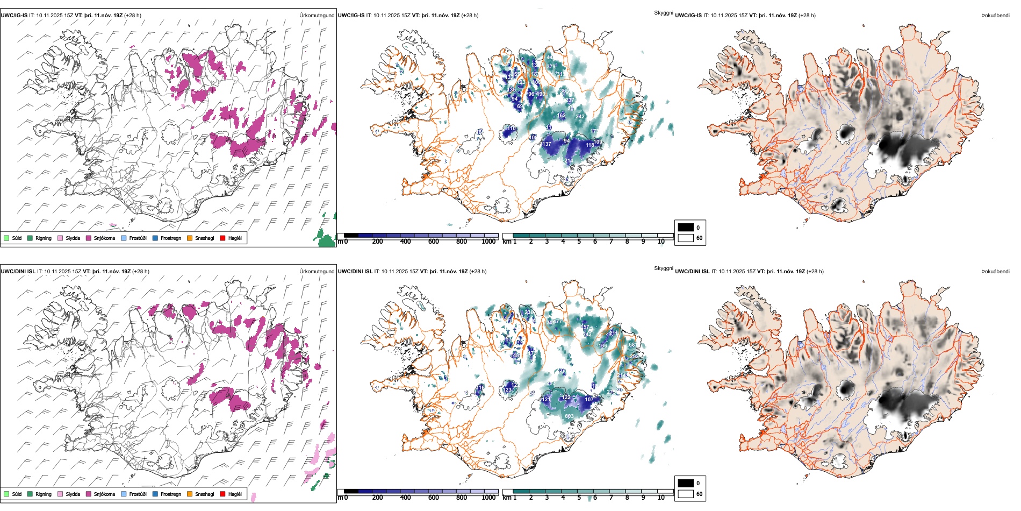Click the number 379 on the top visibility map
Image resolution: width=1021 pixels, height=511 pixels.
point(551,67)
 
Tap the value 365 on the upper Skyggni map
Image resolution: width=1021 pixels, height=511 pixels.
point(565,91)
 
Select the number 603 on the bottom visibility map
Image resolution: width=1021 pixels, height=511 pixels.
point(569,416)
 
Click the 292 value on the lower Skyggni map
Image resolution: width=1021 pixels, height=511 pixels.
point(634,357)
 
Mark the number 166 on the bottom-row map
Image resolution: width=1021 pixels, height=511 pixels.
point(603,346)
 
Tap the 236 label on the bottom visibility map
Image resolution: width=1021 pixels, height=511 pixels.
point(529,313)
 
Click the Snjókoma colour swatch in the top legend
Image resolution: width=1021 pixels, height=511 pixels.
point(89,238)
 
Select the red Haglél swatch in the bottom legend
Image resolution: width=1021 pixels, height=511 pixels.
point(223,494)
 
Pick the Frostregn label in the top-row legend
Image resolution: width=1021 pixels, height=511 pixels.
point(171,238)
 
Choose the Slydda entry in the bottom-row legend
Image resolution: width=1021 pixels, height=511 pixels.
point(73,494)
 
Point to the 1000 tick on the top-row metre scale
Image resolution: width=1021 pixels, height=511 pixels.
point(488,242)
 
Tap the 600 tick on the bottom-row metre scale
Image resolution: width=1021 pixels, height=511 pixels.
point(434,498)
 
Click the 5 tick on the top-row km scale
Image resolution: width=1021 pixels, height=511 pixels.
point(579,242)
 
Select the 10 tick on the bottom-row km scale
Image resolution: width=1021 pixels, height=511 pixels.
point(661,498)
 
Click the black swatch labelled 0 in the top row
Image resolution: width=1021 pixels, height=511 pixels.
point(686,228)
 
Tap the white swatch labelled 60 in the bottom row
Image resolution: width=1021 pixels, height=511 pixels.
point(686,494)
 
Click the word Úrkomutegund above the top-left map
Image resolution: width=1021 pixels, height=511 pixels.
point(317,16)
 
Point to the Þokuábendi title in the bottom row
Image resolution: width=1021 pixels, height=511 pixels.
point(995,272)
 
